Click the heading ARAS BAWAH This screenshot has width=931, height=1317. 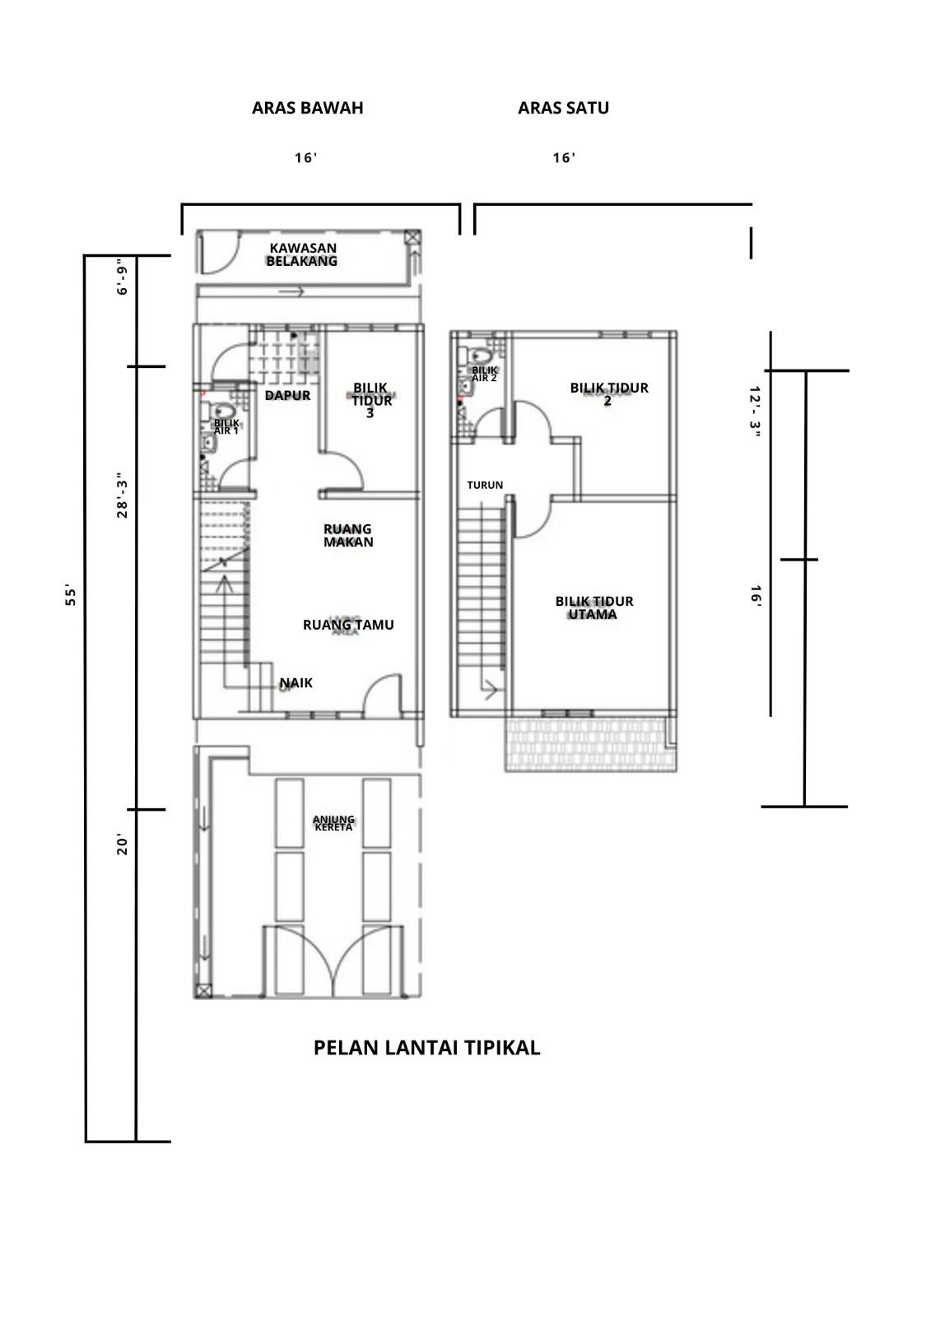(x=308, y=108)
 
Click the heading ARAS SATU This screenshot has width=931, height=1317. (x=563, y=108)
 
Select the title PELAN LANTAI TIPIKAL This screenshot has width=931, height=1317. (x=426, y=1048)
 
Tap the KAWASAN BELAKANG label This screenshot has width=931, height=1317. (x=302, y=254)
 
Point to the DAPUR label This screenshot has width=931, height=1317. (x=287, y=396)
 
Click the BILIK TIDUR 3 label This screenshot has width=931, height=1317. (x=370, y=400)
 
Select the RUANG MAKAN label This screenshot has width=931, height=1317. (x=348, y=536)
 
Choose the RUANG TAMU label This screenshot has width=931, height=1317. (x=348, y=625)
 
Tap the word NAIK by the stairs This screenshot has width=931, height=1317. (x=296, y=682)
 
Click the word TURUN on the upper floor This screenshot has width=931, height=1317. (x=485, y=485)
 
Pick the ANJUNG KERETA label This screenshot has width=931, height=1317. (x=333, y=823)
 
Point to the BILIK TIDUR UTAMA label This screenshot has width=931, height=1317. (x=594, y=608)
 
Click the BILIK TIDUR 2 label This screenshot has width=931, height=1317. (x=608, y=394)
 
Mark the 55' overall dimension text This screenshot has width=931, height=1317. (x=71, y=595)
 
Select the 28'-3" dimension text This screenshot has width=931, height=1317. (x=122, y=495)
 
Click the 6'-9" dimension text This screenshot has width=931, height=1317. (x=122, y=277)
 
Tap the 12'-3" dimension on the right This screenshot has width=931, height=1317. (x=755, y=412)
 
